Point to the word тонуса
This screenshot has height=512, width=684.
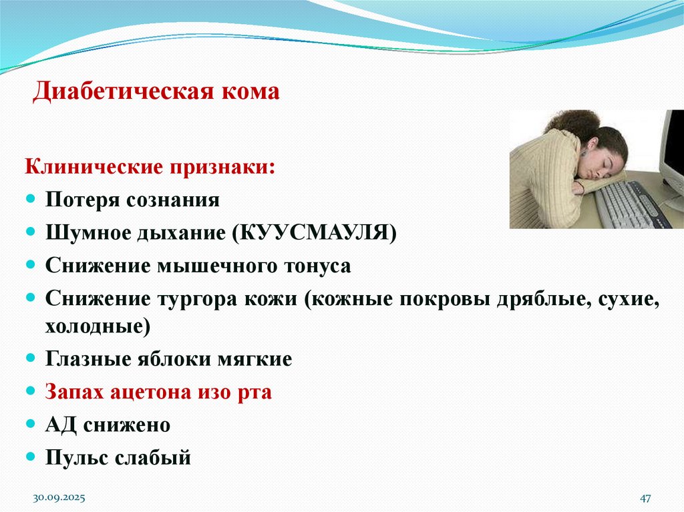tap(317, 266)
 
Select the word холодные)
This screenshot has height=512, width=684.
tap(98, 326)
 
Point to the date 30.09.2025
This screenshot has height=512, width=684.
tap(59, 498)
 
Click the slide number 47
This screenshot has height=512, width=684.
tap(645, 498)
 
